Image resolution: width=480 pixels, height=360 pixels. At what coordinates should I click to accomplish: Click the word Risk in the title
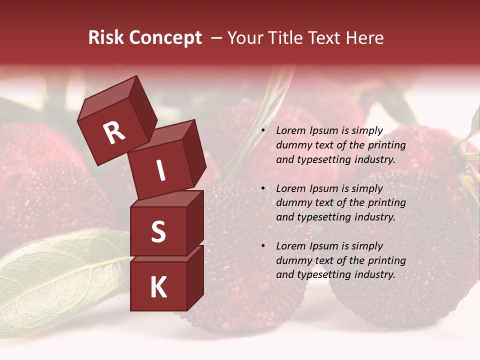tap(106, 38)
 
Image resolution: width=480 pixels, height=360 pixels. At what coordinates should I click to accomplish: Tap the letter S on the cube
tap(158, 232)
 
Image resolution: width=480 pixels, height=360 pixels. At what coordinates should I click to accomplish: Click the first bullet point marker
tap(263, 131)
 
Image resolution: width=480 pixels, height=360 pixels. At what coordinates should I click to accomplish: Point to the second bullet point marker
tap(263, 189)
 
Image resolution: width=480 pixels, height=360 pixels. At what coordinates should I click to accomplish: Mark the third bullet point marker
tap(263, 246)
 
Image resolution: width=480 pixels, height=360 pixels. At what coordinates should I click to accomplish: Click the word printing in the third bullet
tap(387, 260)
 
